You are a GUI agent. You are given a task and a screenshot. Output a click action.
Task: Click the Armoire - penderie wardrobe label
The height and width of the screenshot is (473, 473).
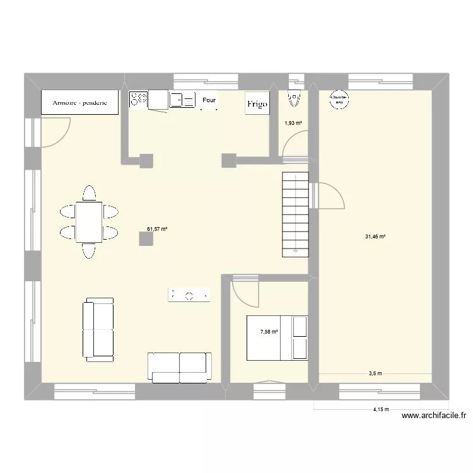(x=79, y=102)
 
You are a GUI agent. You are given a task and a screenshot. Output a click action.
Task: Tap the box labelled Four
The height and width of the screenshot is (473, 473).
(x=209, y=100)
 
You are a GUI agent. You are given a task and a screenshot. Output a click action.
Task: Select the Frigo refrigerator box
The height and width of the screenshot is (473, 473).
(x=257, y=103)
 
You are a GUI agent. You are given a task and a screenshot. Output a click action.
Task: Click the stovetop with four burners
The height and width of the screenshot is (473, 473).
(x=139, y=98)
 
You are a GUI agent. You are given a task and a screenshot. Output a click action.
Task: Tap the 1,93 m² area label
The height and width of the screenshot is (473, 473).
(x=293, y=123)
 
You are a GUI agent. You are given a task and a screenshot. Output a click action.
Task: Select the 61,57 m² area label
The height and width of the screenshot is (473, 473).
(x=157, y=230)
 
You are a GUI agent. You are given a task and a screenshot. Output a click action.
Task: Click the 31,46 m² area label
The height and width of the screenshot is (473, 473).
(x=375, y=237)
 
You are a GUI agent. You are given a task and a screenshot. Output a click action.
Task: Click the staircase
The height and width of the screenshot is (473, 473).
(x=295, y=214)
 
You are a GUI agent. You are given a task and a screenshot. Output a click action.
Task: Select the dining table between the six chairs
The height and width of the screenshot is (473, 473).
(x=89, y=221)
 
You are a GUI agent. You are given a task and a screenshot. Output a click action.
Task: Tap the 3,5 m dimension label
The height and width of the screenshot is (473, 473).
(x=375, y=373)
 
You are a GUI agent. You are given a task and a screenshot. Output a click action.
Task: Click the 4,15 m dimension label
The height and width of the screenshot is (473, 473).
(x=380, y=409)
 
